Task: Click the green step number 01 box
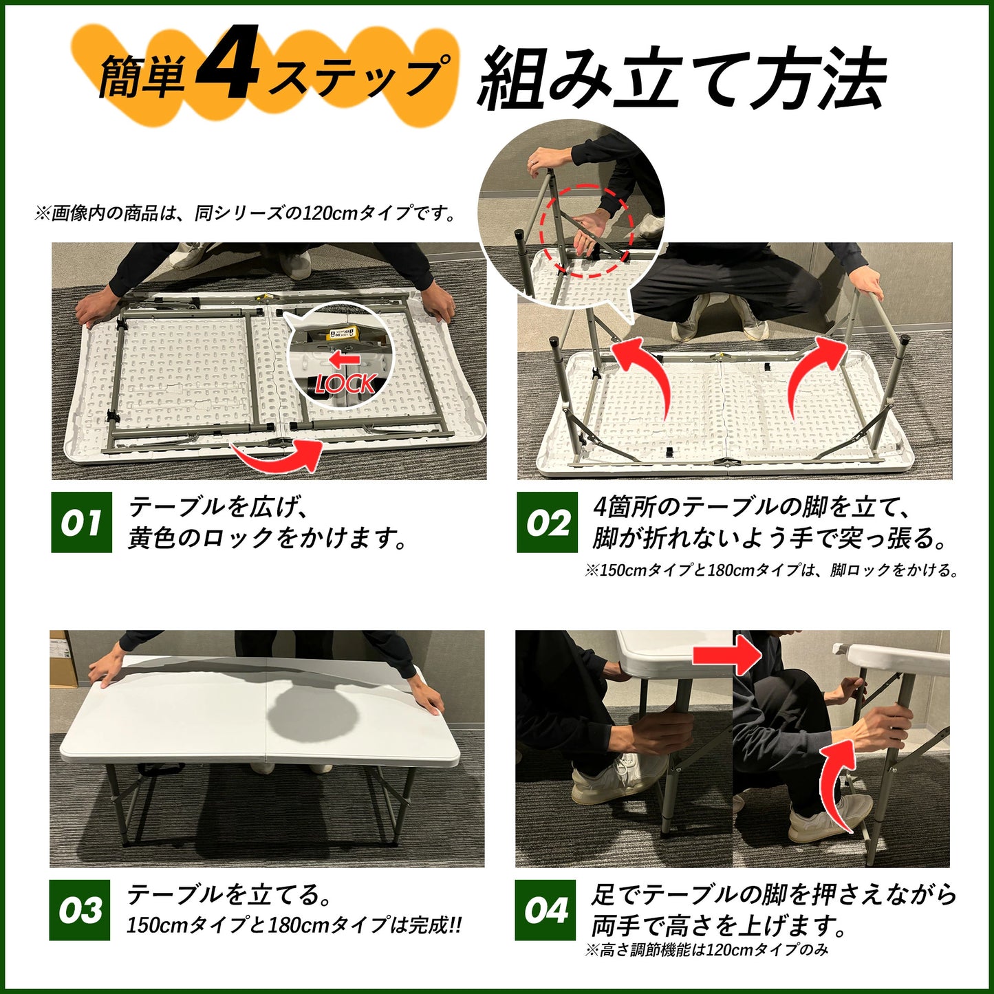(x=81, y=522)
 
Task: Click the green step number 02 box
(x=547, y=522)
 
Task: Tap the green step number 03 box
(x=79, y=910)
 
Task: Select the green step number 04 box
(x=545, y=910)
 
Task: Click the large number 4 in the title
(x=227, y=65)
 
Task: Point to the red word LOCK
(x=346, y=384)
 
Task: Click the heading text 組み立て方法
(x=681, y=79)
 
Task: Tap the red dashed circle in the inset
(x=584, y=230)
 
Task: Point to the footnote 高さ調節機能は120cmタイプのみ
(x=706, y=950)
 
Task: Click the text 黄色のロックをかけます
(x=268, y=538)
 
